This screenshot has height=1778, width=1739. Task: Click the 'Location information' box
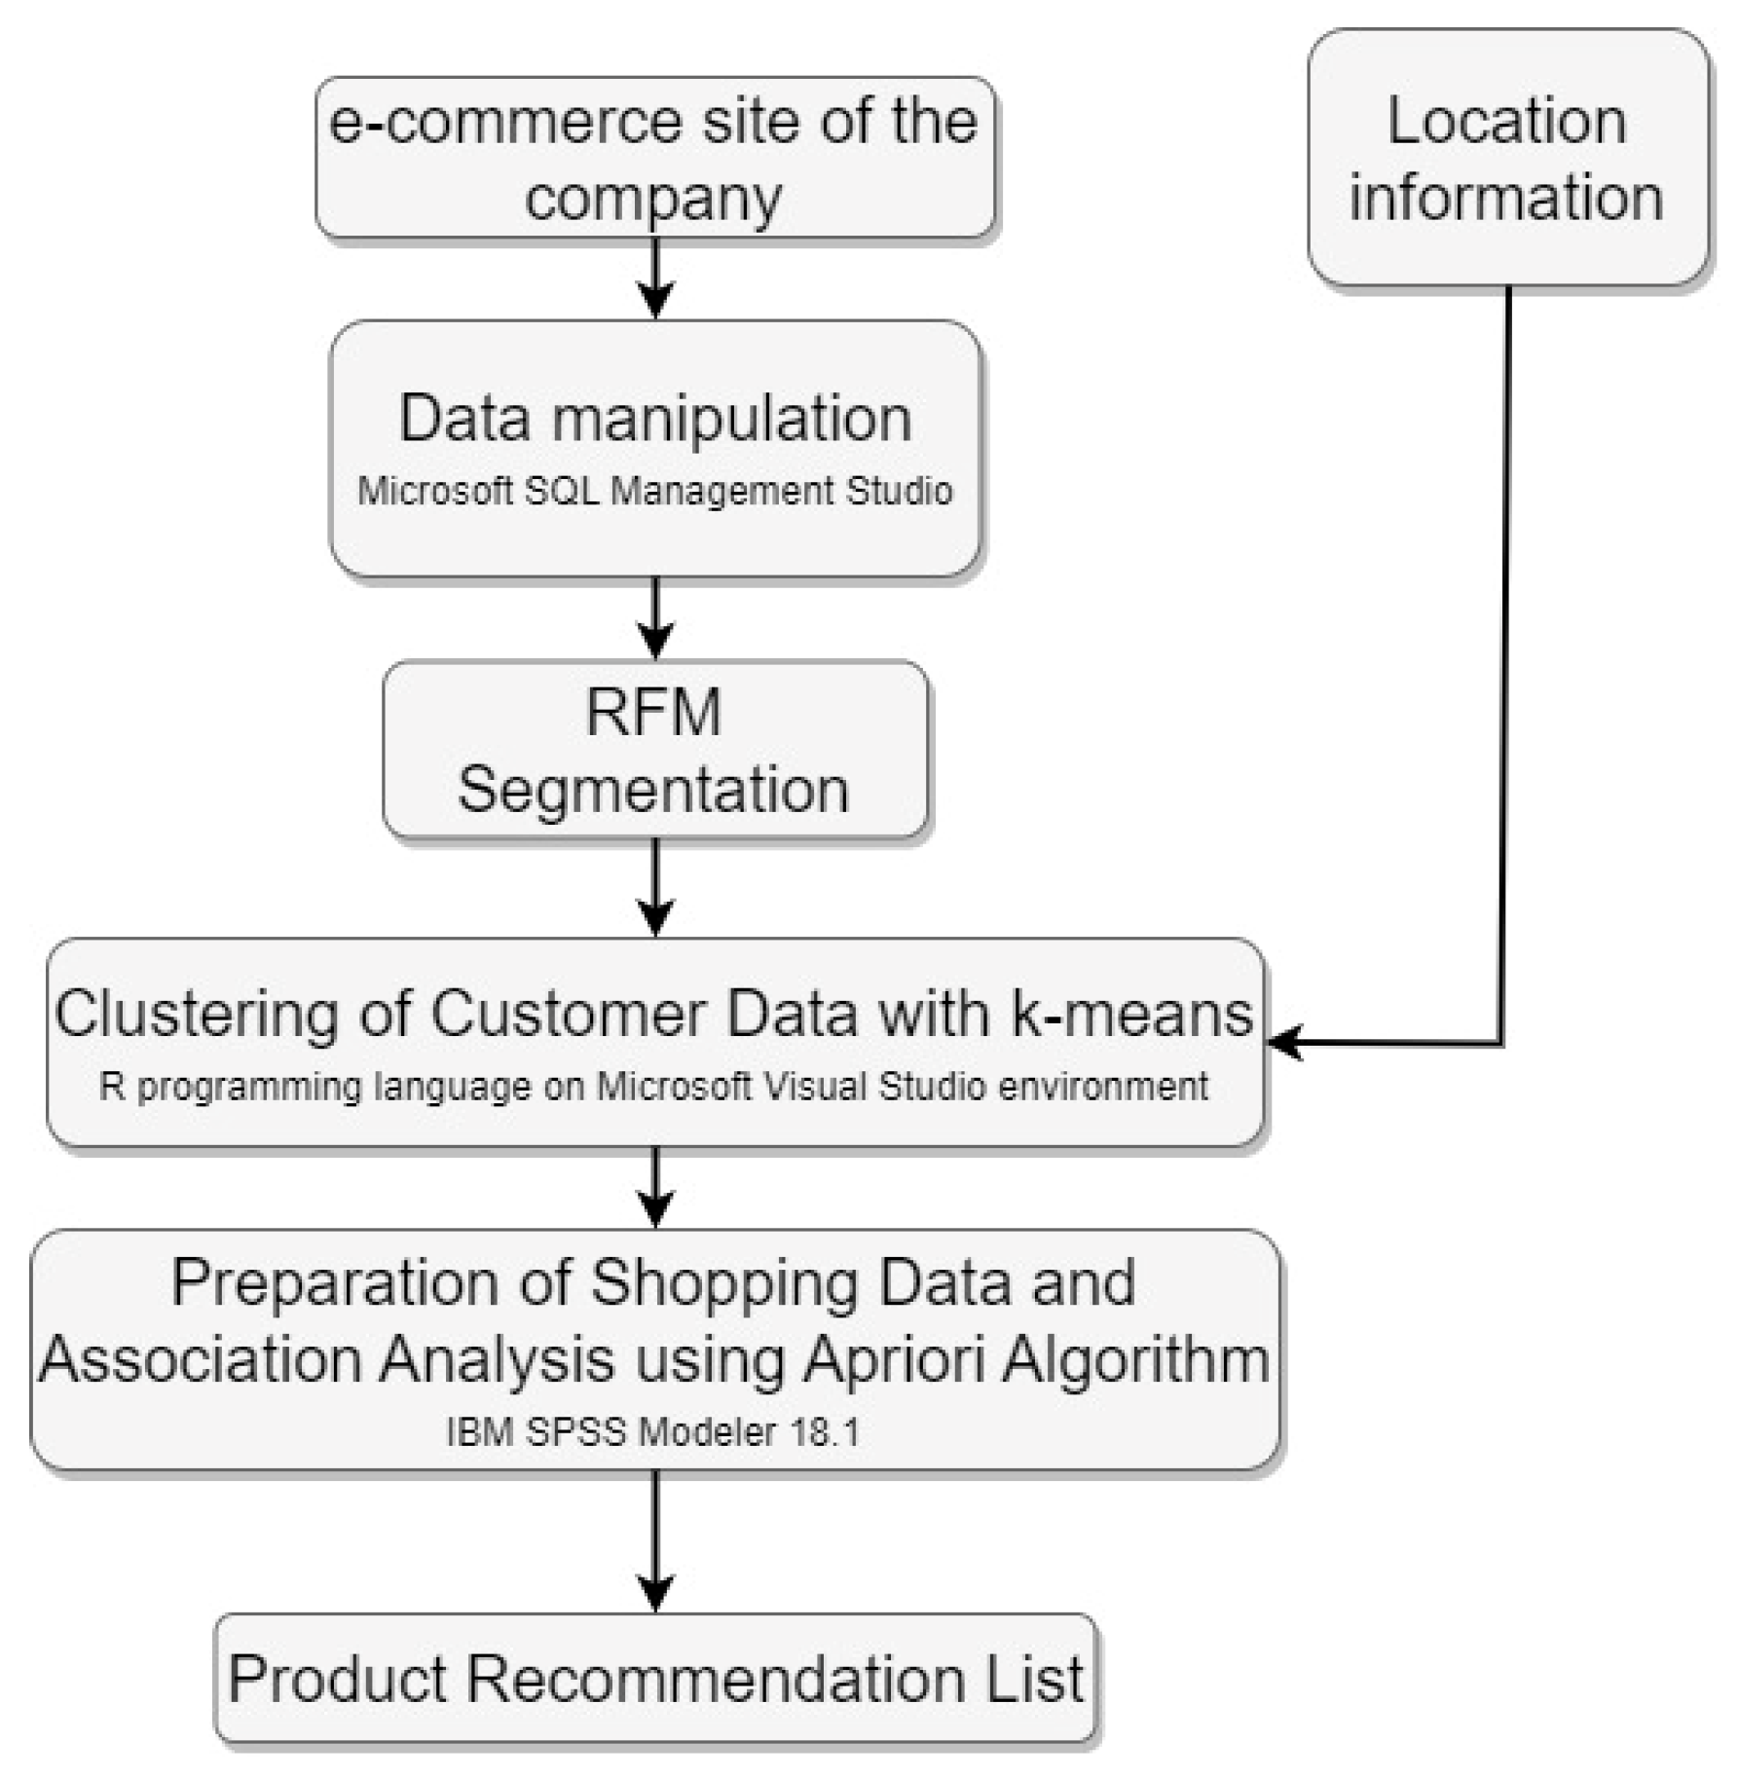(x=1506, y=158)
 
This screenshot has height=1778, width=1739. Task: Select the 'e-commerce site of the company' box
(x=654, y=158)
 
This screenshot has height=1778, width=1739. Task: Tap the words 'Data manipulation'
(x=654, y=419)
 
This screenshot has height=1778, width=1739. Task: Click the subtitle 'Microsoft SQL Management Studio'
(x=654, y=491)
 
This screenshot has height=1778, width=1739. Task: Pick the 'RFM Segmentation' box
(x=654, y=750)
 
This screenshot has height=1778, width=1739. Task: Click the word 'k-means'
(x=1131, y=1014)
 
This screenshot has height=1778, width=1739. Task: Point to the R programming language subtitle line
(x=654, y=1087)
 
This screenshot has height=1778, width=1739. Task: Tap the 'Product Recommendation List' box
(x=654, y=1678)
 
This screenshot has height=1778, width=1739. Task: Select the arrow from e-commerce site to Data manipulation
(x=655, y=278)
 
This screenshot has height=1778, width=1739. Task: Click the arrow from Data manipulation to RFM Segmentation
(x=655, y=617)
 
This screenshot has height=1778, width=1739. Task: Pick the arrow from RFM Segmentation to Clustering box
(x=655, y=887)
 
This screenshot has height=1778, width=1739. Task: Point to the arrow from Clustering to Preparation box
(x=655, y=1186)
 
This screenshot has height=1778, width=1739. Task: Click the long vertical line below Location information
(x=1506, y=662)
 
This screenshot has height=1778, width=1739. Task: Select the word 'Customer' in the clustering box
(x=569, y=1014)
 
